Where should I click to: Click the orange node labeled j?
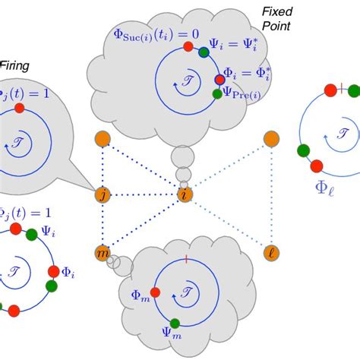(103, 195)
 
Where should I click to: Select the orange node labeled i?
(185, 195)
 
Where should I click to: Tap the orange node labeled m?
(103, 252)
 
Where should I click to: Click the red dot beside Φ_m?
(155, 292)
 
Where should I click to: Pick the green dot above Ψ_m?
(175, 323)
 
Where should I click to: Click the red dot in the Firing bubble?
(19, 108)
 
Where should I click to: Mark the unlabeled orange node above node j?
(103, 139)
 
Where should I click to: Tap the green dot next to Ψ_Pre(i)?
(217, 93)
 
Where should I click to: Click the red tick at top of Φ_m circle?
(185, 260)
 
